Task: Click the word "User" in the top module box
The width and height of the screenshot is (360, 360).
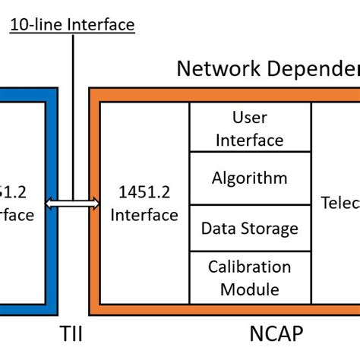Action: tap(249, 118)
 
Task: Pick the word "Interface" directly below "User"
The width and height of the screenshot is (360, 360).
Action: tap(249, 140)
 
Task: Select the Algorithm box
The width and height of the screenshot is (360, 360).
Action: tap(249, 178)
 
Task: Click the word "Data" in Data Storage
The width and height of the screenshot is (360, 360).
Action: tap(216, 228)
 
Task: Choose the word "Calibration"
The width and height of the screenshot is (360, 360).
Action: tap(249, 267)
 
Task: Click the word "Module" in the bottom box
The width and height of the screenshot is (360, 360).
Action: tap(249, 289)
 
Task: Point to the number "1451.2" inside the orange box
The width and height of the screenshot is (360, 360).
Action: tap(144, 193)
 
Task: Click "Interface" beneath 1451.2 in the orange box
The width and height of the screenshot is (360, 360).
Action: tap(144, 215)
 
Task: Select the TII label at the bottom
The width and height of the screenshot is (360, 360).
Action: tap(73, 334)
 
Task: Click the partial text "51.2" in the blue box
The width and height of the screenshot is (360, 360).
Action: tap(17, 193)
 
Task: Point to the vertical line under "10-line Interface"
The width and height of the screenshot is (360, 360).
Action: tap(73, 114)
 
